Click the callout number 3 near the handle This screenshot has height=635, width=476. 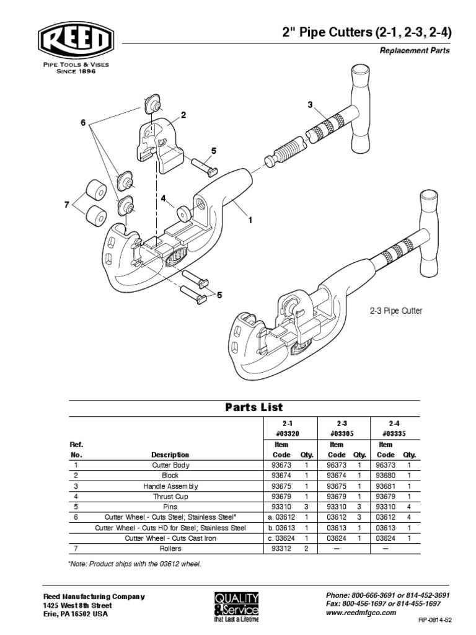[310, 105]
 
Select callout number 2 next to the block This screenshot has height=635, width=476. [183, 115]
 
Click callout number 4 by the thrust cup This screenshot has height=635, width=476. [163, 199]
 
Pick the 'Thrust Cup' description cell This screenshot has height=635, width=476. [172, 497]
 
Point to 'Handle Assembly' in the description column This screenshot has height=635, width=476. [172, 486]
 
